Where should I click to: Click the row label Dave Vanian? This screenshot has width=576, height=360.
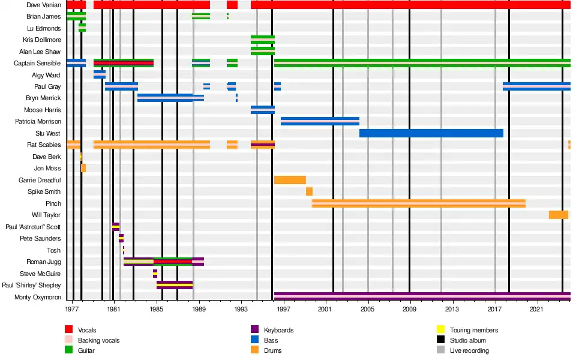click(x=43, y=5)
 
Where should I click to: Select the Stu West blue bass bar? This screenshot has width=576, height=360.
click(x=431, y=133)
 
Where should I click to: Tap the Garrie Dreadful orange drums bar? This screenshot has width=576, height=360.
click(x=290, y=180)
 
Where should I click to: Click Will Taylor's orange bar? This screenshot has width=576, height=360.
click(x=558, y=215)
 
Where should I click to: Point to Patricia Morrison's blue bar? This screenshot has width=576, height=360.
click(x=320, y=121)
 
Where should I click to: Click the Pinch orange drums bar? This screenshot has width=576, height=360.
click(x=418, y=203)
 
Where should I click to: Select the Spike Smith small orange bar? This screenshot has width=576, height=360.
click(x=309, y=191)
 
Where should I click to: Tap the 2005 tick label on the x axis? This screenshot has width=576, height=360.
click(x=367, y=309)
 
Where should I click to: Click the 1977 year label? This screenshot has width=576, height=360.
click(x=72, y=309)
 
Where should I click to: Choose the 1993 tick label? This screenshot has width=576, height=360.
click(x=241, y=309)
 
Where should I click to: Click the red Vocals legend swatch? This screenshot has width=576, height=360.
click(x=69, y=330)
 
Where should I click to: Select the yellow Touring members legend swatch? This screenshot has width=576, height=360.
click(x=440, y=330)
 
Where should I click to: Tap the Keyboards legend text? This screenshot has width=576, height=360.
click(x=278, y=330)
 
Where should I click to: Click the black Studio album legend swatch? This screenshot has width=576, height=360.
click(x=440, y=340)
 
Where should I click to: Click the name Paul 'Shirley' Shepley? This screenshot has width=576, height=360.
click(x=31, y=285)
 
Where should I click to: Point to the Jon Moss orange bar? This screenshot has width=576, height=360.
click(x=83, y=168)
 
